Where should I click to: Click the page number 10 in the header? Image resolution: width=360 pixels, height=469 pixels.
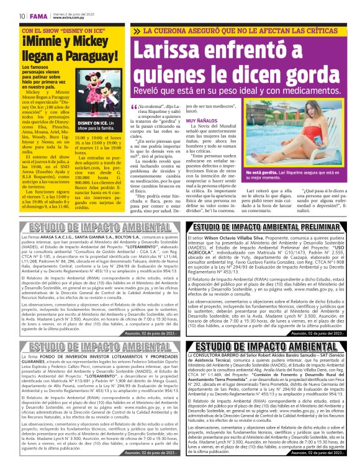[x=22, y=16]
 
